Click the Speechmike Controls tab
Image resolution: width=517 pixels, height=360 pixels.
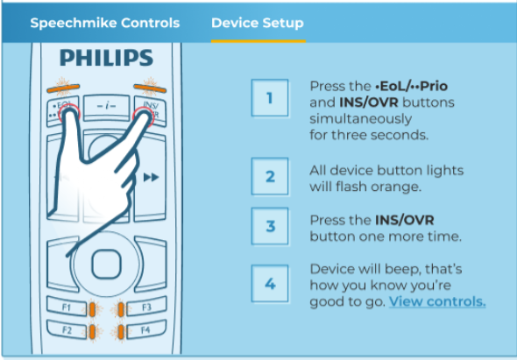click(x=104, y=23)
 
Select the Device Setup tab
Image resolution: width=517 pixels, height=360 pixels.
click(x=258, y=23)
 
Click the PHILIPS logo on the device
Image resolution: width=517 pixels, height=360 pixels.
click(x=105, y=59)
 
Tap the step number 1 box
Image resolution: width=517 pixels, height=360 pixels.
click(x=269, y=98)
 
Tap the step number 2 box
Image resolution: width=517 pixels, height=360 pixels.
click(x=269, y=178)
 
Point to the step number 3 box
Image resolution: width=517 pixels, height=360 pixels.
click(x=269, y=227)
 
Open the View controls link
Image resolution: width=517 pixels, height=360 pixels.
click(x=437, y=301)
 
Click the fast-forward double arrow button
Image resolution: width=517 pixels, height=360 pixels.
click(x=151, y=178)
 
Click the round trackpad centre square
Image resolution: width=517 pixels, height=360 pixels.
click(x=105, y=261)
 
